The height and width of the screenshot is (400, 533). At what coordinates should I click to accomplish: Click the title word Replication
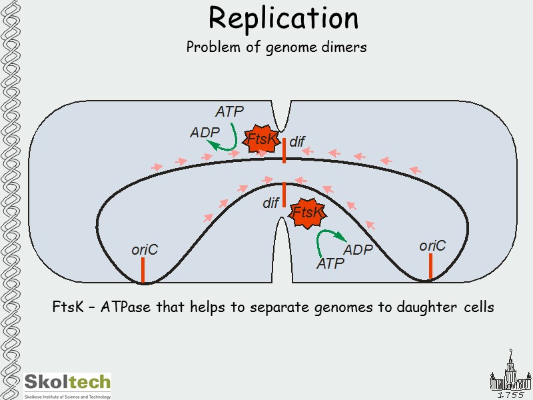[283, 18]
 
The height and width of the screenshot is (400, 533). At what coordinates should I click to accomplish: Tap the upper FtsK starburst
[261, 139]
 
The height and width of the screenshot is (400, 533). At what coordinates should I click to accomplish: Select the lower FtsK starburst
[308, 213]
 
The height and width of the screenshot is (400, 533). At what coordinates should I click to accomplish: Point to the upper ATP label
[229, 112]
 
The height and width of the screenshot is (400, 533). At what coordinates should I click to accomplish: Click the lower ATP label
[330, 264]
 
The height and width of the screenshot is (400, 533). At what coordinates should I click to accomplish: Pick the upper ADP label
[205, 133]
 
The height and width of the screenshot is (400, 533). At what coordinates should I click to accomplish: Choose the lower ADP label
[358, 250]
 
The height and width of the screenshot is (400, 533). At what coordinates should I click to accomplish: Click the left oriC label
[145, 249]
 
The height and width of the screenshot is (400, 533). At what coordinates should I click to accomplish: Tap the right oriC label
[432, 246]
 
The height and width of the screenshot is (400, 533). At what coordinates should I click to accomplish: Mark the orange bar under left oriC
[143, 269]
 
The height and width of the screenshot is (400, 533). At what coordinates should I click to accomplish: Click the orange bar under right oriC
[431, 266]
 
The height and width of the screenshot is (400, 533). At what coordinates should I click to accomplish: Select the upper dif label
[296, 141]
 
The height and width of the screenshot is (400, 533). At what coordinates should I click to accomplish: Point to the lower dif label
[270, 203]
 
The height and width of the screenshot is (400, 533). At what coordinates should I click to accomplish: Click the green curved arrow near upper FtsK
[230, 137]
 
